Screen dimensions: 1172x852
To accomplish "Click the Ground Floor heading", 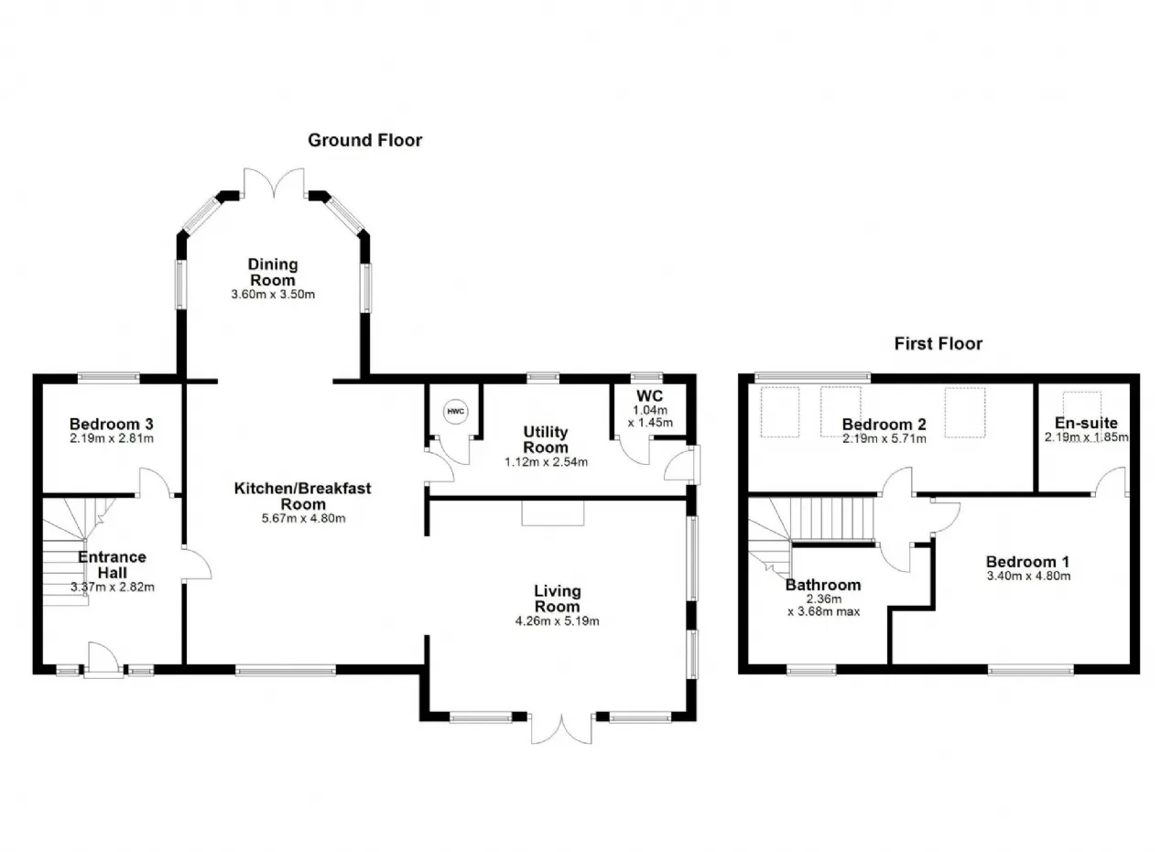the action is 364,140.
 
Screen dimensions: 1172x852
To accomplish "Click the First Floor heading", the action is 939,343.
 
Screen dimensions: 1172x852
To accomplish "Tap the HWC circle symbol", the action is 456,411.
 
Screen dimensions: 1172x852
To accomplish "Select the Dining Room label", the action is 273,272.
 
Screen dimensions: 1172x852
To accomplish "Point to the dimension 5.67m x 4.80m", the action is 303,519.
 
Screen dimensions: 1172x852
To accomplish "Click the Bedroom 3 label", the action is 112,424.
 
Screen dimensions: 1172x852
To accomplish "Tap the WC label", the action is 650,396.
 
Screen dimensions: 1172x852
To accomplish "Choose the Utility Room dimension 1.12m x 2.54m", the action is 546,462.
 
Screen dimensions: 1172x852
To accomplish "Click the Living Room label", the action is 558,599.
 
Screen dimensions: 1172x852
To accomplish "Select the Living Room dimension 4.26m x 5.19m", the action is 558,621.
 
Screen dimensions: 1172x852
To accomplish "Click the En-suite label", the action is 1086,423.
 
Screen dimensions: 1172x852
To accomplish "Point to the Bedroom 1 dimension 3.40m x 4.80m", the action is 1028,576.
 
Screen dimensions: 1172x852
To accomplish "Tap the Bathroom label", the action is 823,585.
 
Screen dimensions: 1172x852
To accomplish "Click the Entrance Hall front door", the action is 104,660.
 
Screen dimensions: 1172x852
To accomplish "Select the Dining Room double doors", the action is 274,183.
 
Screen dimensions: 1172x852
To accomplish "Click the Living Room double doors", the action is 561,728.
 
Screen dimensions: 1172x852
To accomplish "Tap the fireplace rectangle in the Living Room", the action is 552,512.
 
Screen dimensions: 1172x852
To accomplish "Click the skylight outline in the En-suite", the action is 1082,404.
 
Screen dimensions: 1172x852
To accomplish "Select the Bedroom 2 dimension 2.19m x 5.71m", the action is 884,439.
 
